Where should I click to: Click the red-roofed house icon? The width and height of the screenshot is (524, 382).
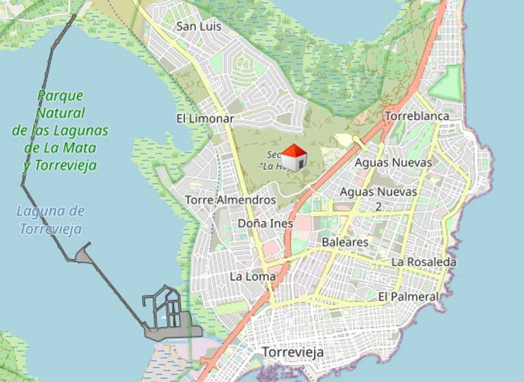click(294, 158)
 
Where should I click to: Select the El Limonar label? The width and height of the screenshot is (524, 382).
click(205, 118)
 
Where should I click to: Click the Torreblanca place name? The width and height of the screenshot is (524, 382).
click(417, 116)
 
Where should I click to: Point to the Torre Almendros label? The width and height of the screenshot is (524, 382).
click(231, 200)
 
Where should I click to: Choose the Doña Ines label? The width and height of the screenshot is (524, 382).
click(265, 223)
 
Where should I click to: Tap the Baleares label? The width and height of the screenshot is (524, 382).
click(345, 242)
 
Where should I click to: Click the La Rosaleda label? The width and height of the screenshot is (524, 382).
click(424, 262)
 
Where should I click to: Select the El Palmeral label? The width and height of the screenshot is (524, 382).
click(408, 297)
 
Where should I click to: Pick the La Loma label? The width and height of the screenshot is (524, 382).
click(252, 276)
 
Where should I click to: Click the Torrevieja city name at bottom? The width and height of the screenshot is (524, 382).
click(293, 353)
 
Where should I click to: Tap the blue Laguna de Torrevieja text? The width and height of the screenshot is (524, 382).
click(50, 220)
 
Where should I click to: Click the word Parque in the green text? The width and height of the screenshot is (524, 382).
click(60, 95)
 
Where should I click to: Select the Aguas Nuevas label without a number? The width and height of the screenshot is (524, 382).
click(393, 162)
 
